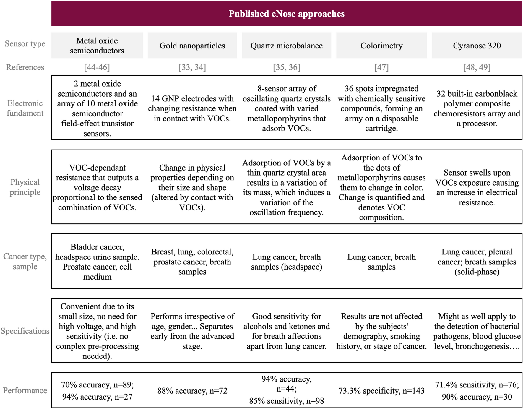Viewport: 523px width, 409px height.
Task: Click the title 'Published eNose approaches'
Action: (286, 14)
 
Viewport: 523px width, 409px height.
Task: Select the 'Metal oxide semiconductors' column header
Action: (97, 46)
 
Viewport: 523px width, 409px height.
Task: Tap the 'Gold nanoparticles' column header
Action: (192, 46)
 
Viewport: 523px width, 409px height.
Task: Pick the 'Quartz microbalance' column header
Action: (286, 46)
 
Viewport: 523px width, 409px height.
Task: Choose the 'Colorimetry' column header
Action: (381, 46)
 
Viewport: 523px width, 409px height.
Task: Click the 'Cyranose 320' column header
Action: (477, 46)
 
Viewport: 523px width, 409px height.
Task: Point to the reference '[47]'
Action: (381, 67)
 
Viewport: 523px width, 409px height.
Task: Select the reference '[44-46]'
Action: (97, 67)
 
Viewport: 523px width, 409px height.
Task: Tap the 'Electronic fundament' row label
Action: (25, 108)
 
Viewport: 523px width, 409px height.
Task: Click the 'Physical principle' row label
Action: (25, 187)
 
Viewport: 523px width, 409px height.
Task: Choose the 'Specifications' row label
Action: (25, 331)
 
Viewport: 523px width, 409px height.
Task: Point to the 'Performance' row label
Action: (25, 390)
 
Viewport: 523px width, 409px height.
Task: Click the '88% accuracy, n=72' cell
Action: (192, 391)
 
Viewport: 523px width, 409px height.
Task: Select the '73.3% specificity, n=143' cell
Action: (381, 391)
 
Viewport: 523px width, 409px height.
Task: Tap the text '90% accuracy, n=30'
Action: (477, 397)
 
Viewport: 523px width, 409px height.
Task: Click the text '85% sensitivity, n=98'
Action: (286, 401)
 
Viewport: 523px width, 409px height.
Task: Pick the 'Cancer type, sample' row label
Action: (25, 261)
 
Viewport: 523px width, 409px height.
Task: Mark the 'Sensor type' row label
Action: (25, 44)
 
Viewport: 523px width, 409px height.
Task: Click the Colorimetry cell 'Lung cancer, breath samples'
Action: (381, 262)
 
